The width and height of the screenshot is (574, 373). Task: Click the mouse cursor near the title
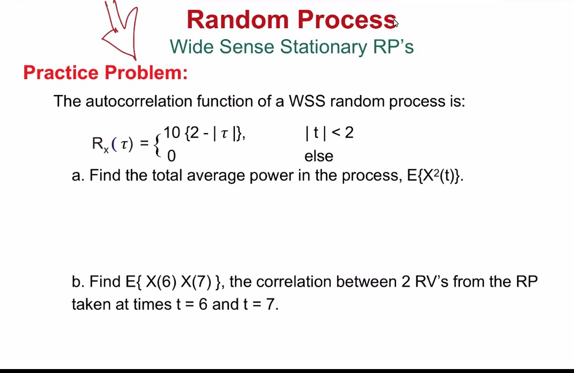pos(396,22)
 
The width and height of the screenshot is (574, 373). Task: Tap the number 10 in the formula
pos(172,133)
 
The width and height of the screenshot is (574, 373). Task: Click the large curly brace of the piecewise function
pos(158,144)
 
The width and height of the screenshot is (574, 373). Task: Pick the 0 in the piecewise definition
pos(172,156)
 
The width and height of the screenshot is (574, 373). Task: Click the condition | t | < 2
pos(330,133)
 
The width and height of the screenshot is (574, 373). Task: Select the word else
pos(319,156)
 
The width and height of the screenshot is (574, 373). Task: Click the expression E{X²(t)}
pos(435,176)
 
